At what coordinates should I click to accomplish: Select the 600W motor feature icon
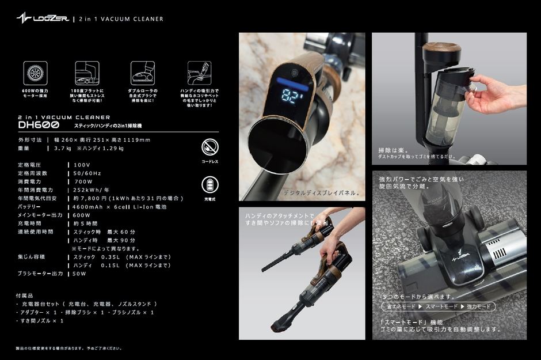coord(35,74)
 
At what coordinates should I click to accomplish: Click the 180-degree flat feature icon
coord(87,74)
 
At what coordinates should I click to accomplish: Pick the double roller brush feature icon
coord(143,74)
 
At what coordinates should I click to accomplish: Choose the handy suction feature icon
coord(199,74)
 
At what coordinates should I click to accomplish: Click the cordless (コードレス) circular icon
coord(210,147)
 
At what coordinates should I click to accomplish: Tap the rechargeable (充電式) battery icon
coord(210,185)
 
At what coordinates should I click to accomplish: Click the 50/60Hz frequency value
coord(87,173)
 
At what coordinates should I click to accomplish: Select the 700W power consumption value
coord(83,181)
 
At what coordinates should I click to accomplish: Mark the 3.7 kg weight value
coord(62,149)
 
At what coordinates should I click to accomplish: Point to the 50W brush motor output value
coord(79,274)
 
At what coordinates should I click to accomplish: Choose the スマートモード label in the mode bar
coord(442,306)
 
